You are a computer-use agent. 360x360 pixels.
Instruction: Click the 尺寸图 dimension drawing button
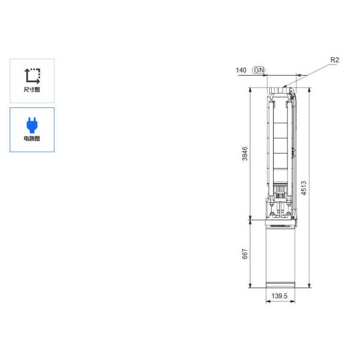32,80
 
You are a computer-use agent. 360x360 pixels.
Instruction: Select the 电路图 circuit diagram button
32,130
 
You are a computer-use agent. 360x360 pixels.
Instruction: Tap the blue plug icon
32,125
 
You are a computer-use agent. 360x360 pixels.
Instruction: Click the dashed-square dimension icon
32,76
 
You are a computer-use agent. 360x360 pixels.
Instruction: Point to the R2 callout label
335,60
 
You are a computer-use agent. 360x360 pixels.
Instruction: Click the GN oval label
259,70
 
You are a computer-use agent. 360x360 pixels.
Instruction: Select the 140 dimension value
241,70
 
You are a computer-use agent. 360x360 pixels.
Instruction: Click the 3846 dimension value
245,154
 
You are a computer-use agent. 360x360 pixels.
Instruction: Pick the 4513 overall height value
304,188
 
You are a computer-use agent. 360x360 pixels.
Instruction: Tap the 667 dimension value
245,254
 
